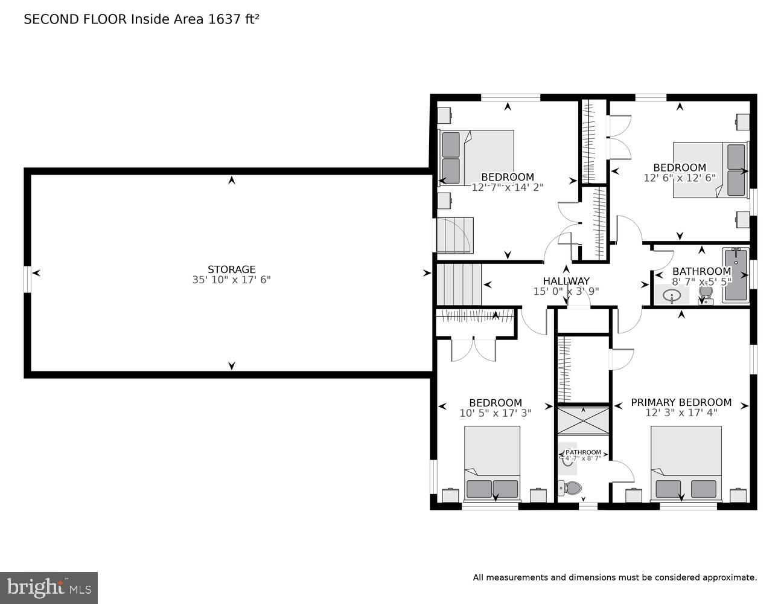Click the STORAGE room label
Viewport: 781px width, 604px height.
[231, 269]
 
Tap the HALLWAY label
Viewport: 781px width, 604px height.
[566, 281]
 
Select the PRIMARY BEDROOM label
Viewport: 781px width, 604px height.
[681, 402]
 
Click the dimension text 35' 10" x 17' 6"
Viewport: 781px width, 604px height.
[231, 280]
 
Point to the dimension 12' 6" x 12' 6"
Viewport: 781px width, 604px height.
[679, 178]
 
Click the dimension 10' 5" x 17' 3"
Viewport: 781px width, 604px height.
[495, 414]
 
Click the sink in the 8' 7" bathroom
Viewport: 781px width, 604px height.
[672, 295]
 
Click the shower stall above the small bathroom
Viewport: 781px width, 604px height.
[582, 420]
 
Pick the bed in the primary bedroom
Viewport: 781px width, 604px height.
[686, 463]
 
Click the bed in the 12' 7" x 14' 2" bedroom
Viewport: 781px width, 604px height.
[477, 158]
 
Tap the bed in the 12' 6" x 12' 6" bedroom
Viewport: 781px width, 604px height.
[710, 170]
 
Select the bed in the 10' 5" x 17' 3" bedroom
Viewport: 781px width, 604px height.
[492, 463]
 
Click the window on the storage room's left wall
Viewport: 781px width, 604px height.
[27, 279]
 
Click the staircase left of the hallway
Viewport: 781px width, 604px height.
[459, 284]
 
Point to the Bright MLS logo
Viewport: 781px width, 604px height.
[48, 587]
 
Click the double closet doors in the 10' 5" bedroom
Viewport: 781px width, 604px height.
[474, 350]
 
